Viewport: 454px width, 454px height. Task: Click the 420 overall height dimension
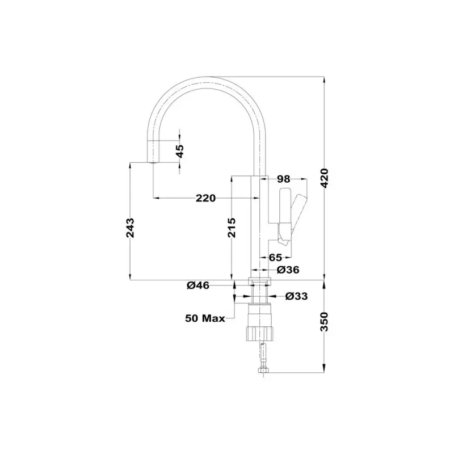coord(324,180)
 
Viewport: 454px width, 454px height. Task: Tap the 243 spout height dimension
coord(130,228)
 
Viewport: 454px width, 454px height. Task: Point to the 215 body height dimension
coord(232,228)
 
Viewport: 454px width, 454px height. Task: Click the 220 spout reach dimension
coord(205,198)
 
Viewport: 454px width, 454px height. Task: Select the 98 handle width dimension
coord(284,179)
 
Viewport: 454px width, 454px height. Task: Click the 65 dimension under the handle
coord(276,257)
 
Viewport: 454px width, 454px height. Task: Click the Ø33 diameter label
coord(296,296)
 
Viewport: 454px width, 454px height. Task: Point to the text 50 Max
coord(204,318)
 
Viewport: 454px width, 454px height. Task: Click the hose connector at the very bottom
coord(262,371)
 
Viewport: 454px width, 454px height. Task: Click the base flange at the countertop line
coord(260,281)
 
